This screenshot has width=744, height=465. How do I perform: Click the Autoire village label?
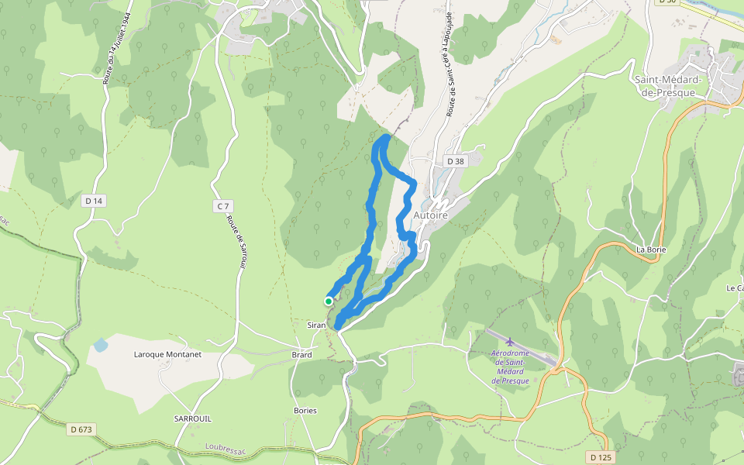(432, 215)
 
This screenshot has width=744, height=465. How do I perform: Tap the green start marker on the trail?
(329, 301)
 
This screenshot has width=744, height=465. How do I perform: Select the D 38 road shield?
(455, 161)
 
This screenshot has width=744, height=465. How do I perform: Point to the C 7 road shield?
(222, 205)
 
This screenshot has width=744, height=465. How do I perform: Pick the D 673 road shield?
(82, 429)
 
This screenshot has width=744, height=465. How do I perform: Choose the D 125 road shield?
(601, 457)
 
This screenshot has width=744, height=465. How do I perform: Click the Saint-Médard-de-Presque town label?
(668, 86)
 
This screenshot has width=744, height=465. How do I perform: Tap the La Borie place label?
(651, 250)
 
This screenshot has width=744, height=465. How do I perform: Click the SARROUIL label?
(193, 418)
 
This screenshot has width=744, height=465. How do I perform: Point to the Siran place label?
(316, 325)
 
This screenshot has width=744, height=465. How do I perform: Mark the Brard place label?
(301, 355)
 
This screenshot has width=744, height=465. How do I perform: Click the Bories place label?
(305, 410)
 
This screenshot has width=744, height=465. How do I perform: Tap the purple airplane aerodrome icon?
(509, 341)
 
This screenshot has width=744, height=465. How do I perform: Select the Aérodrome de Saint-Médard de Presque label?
(510, 367)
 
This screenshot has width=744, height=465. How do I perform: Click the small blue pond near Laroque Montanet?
(101, 346)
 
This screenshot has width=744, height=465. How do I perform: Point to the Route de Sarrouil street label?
(236, 241)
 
